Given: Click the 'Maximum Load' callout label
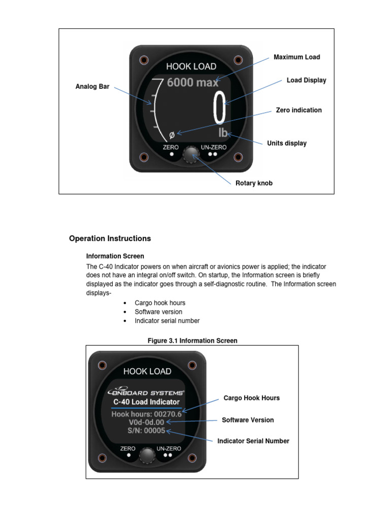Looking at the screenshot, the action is pos(297,57).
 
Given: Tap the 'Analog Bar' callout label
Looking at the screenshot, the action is pos(92,86).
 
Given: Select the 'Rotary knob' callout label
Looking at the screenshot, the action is pos(253,183).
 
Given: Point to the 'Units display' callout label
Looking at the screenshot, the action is pos(286,143).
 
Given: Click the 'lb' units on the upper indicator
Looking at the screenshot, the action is pos(223,134).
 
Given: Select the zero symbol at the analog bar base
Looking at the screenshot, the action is pos(172,135).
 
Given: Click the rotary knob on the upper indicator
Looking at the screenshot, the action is pos(191,154).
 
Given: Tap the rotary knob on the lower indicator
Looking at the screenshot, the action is pos(147,455).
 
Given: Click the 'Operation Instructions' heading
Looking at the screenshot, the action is pos(110,238).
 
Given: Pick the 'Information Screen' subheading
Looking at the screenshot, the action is pos(115,256).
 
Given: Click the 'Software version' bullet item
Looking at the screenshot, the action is pos(158,312).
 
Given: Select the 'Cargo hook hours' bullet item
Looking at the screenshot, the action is pos(160,303).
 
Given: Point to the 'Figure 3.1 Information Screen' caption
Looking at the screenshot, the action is pos(192,341).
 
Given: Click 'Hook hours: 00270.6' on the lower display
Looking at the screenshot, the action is pos(146,414).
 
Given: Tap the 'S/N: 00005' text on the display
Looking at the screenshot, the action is pos(147,431).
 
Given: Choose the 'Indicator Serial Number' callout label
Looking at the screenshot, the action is pos(253,441).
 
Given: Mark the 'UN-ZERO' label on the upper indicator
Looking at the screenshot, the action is pos(213,147).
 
